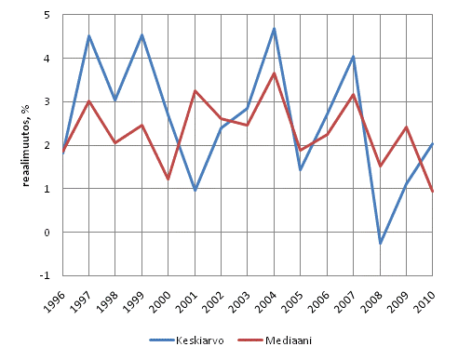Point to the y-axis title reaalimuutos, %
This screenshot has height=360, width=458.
pos(25,146)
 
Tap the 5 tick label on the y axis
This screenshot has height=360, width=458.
pos(47,16)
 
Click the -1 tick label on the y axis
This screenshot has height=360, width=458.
pos(45,276)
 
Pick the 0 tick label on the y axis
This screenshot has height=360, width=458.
pos(47,233)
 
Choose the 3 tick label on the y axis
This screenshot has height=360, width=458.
pos(47,102)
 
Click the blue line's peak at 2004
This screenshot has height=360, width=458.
pos(275,29)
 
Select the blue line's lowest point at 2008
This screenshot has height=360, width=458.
pos(380,244)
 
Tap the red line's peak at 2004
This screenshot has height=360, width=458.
pos(275,73)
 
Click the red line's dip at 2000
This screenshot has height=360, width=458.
pos(168,180)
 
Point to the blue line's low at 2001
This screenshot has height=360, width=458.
pos(195,190)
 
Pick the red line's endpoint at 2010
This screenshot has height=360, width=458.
pos(433,192)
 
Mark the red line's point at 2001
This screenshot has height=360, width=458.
pos(195,90)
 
